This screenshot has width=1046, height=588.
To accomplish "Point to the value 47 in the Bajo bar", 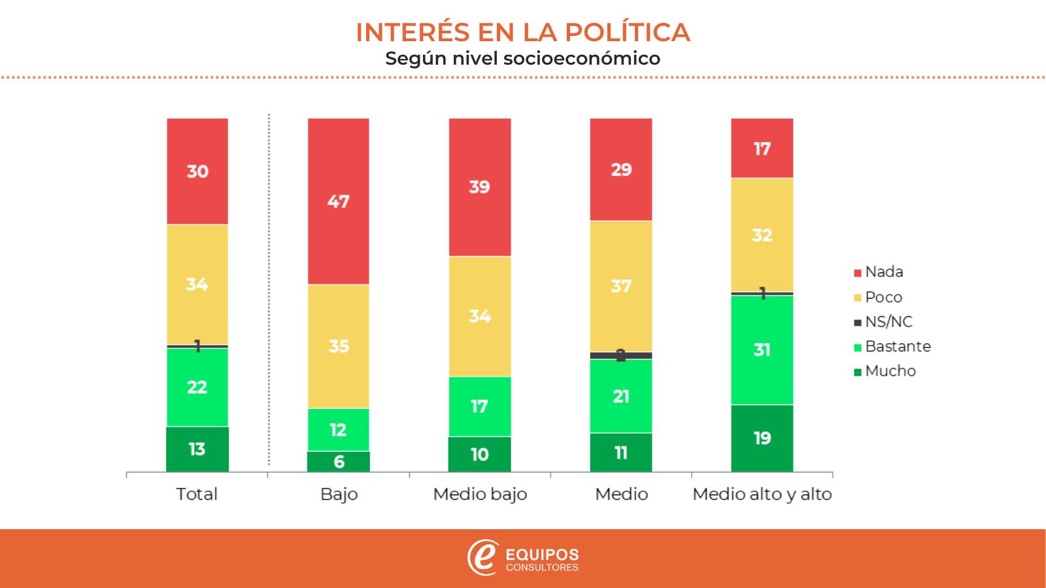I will click(x=339, y=201).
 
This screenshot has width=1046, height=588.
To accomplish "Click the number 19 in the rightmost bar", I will click(x=762, y=438).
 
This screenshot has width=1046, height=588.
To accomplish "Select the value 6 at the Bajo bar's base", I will click(x=339, y=462).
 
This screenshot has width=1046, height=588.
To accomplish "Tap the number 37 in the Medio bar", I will click(x=621, y=286).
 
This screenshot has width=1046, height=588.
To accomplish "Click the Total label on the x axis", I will click(x=197, y=494).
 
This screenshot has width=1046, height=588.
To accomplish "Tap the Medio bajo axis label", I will click(x=480, y=494).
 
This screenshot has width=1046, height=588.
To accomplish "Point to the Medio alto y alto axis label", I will click(x=762, y=494).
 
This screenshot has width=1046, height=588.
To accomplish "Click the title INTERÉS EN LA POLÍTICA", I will click(x=523, y=32).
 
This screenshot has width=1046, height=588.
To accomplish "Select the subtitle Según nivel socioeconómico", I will click(x=523, y=58).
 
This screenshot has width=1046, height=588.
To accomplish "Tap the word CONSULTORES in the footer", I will click(x=543, y=568).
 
